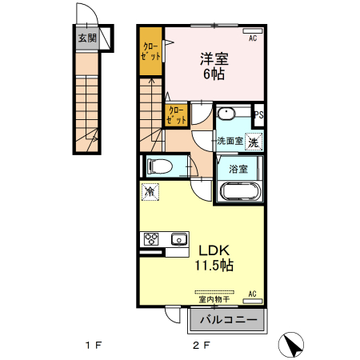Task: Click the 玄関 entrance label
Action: coord(87,38)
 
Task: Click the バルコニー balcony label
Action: coord(228,320)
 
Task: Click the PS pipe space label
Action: coord(258,115)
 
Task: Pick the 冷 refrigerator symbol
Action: coord(150,191)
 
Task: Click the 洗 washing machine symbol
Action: coord(253,142)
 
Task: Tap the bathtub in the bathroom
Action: coord(238,193)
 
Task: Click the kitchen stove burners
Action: coord(153,238)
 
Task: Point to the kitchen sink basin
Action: coord(178,238)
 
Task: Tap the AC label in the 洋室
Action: coord(253,38)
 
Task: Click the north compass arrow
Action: coord(294,345)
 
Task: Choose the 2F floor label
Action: coord(199,346)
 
